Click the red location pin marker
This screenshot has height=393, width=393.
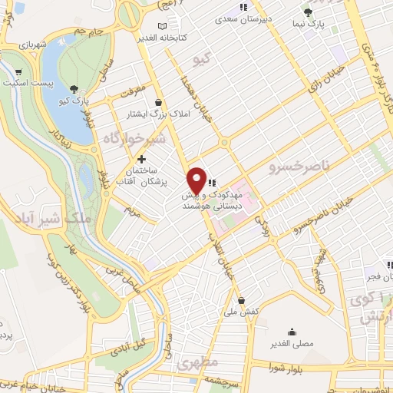tap(196, 180)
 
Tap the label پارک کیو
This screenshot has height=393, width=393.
tap(75, 101)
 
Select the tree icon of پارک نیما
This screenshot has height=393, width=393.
tap(309, 12)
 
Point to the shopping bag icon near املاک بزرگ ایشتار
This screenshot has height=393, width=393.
tap(158, 102)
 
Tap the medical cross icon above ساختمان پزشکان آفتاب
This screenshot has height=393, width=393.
tap(141, 158)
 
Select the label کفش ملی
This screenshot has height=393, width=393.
tap(242, 312)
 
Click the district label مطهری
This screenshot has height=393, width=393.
tap(198, 361)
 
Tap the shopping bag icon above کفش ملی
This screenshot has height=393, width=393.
tap(242, 300)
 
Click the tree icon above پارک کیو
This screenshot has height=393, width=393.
tap(74, 89)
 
